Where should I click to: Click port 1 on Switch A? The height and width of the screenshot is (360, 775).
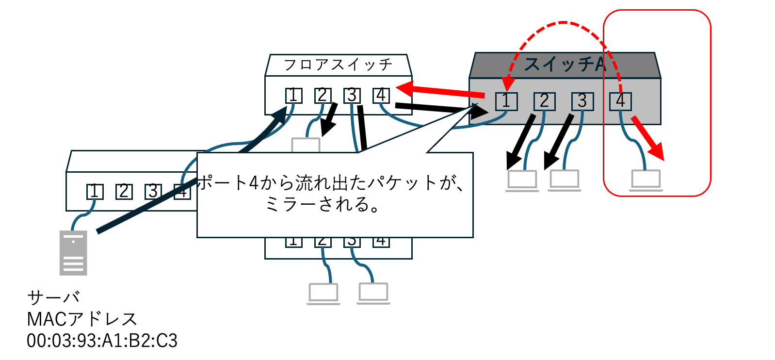click(506, 101)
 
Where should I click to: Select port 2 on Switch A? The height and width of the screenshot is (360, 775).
click(544, 101)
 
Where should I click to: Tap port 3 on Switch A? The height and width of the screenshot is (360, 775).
click(582, 101)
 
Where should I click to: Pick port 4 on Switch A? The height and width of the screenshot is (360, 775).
click(620, 101)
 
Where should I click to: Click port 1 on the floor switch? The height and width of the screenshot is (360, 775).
click(293, 96)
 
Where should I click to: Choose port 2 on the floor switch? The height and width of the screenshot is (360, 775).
click(323, 96)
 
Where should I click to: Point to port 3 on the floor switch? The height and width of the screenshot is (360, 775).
click(352, 96)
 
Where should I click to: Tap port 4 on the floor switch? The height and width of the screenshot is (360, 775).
click(381, 96)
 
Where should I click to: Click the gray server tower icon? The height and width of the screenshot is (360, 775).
click(73, 253)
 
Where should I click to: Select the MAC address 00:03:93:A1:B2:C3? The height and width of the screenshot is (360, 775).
click(102, 341)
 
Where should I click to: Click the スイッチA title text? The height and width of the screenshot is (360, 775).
click(565, 65)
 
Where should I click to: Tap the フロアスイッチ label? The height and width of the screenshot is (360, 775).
click(338, 65)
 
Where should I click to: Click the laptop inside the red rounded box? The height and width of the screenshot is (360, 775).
click(646, 180)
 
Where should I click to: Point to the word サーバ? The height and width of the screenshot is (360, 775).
click(53, 297)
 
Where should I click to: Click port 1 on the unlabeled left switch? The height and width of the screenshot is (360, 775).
click(95, 192)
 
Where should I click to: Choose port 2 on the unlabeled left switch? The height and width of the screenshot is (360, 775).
click(124, 192)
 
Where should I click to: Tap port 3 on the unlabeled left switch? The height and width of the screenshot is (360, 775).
click(153, 192)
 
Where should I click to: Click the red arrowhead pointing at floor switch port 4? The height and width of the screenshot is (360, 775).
click(405, 88)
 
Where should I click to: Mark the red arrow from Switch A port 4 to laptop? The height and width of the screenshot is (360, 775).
click(648, 138)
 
